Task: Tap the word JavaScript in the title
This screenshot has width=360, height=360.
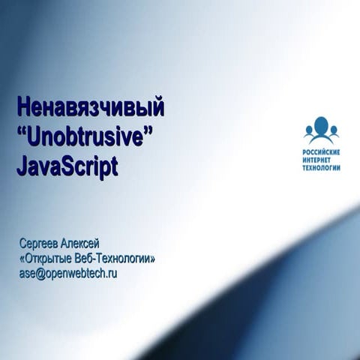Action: pos(67,166)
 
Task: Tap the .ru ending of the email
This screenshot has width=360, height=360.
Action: pos(112,273)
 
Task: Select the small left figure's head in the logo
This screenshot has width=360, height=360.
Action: pos(309,130)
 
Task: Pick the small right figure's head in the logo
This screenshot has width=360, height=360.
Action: pos(334,130)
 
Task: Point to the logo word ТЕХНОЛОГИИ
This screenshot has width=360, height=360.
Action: pos(322,168)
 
